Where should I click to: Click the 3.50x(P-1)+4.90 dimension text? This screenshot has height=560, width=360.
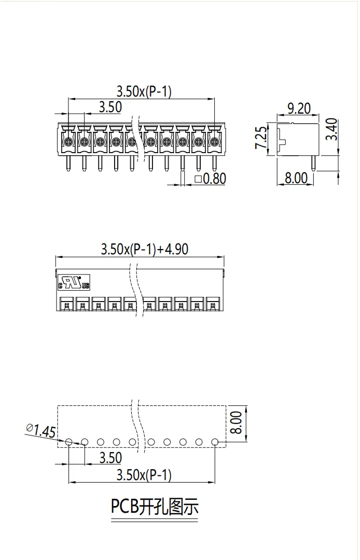pos(145,249)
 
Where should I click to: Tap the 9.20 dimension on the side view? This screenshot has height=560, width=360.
pos(299,108)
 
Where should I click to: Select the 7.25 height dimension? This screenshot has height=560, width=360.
pos(261,138)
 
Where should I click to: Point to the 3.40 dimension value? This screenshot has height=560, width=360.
pos(332,129)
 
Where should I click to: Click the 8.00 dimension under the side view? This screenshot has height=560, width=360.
pos(296,178)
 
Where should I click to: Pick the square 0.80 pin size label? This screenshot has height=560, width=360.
pos(211,179)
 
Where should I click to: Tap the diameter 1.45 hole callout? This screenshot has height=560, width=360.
pos(41,430)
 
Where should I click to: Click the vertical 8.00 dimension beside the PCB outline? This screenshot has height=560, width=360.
pos(236,422)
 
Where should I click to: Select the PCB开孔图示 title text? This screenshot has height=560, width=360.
pos(155,507)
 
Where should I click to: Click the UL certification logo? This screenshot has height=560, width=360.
pos(74,282)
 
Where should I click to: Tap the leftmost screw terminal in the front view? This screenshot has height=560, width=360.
pos(68,142)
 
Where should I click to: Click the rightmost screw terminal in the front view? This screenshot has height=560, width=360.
pos(214,142)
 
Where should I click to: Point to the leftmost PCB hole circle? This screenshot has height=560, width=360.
pos(69,442)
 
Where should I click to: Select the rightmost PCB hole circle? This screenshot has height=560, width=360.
pos(215,442)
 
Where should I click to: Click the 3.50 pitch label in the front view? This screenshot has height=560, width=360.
pos(110,107)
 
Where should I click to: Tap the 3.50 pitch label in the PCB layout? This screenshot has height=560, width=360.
pos(110,458)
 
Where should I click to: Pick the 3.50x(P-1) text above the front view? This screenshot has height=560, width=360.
pos(144,91)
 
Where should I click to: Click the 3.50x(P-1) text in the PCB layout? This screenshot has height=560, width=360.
pos(144,475)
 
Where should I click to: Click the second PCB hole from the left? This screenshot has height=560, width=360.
pos(85,442)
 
